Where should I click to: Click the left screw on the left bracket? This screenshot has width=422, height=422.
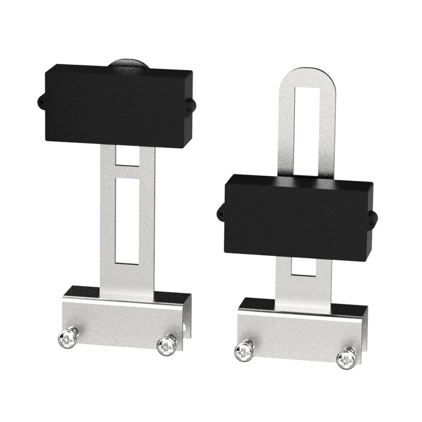point(69,339)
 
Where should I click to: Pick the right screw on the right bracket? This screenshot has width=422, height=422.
point(346,358)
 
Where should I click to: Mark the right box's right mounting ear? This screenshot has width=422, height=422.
point(373,218)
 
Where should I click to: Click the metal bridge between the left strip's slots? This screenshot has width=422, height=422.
point(127,172)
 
